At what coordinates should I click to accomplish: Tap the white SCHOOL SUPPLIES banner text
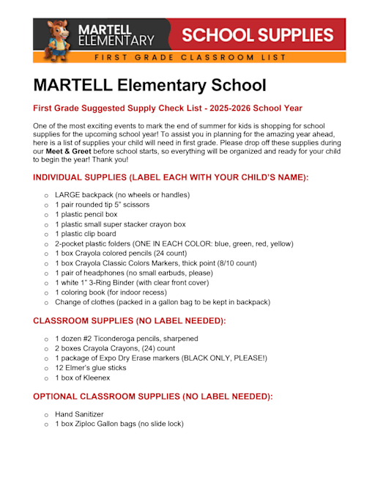[258, 34]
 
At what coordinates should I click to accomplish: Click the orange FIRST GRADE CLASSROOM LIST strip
[190, 57]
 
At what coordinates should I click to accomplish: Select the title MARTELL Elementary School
[150, 85]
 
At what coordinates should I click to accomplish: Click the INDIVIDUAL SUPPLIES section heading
[171, 177]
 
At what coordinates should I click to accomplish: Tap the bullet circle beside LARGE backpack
[46, 196]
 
